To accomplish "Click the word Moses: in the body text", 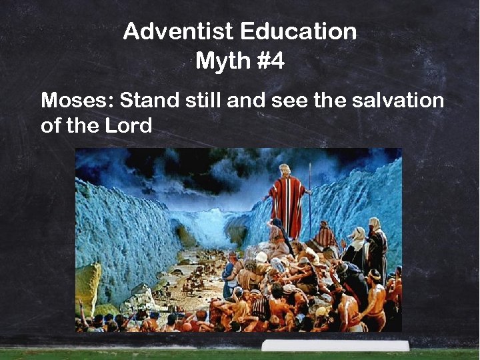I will point(76,101).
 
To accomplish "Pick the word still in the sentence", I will point(203,101).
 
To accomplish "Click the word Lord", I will point(129,125).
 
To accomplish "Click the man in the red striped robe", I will point(287,203).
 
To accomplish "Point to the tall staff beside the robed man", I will point(309,200).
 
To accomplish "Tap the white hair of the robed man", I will point(285,169).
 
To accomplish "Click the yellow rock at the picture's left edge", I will point(87,287).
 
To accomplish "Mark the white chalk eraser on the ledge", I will point(335,345).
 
